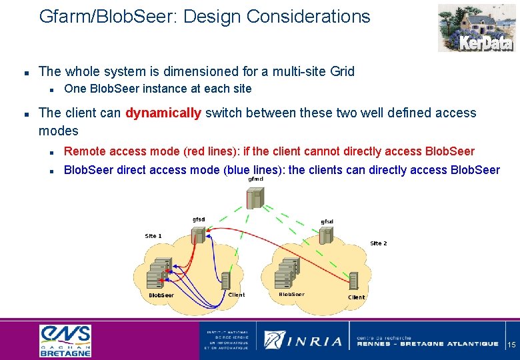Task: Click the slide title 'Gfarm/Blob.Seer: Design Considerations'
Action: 205,17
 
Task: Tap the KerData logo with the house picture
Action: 475,28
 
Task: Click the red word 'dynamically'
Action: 163,113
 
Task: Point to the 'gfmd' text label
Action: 255,179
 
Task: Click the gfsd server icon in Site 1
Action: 198,235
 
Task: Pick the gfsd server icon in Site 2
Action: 326,235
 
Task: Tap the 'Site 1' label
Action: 153,236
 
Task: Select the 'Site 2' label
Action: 378,243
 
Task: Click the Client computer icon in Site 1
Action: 225,279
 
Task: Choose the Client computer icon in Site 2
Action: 353,281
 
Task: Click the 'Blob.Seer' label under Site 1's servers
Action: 161,295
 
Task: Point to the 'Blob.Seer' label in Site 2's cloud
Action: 291,294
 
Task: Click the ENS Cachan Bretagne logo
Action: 65,341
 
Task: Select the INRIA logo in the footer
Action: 303,341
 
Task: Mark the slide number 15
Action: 511,345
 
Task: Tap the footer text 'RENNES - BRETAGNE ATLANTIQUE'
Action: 427,344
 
